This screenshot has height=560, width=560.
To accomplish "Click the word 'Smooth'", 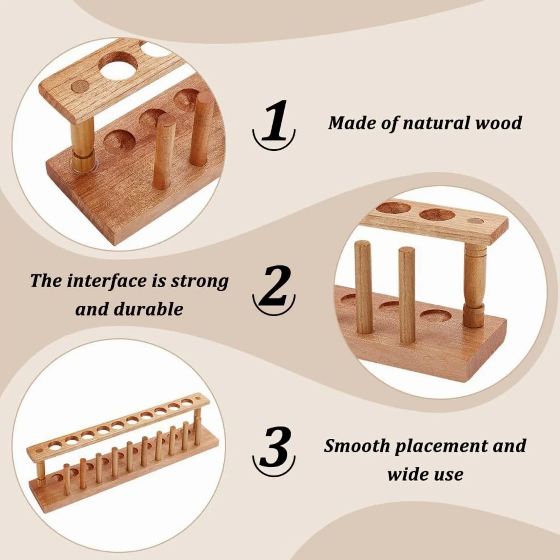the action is click(x=357, y=446).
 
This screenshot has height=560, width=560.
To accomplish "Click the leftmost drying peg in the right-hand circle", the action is click(x=363, y=287).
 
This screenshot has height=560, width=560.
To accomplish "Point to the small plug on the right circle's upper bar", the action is click(x=473, y=222).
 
